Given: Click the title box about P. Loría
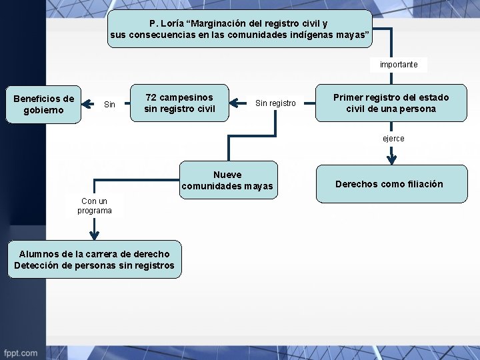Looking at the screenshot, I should coord(239,29).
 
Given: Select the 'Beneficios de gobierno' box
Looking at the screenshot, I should coord(43,105).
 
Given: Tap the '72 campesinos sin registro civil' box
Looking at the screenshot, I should coord(179,103).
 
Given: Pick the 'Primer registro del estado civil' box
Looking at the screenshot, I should coord(391,103).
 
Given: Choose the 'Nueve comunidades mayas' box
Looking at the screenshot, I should coord(227,180).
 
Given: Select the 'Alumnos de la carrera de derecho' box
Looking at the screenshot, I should coord(94,259).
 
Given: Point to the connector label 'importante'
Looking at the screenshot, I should coord(399,65).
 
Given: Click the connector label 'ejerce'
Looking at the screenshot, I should coord(393,139).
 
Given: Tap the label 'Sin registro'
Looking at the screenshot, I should coord(275,103).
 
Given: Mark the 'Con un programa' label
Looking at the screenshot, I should coord(94,205).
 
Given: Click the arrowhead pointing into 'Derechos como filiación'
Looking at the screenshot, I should coord(391,159).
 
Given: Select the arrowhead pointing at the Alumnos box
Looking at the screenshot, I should coord(94,234).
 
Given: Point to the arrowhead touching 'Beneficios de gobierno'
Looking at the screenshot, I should coord(85,103).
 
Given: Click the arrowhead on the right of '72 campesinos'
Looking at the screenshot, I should coord(234,103).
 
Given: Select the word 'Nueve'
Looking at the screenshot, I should coord(227,175).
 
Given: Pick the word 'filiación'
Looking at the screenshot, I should coord(422,184).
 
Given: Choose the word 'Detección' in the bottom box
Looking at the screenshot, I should coord(37,265).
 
